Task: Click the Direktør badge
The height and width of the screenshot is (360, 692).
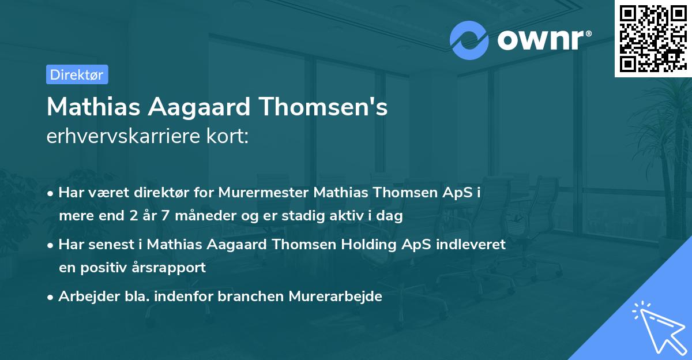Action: point(77,74)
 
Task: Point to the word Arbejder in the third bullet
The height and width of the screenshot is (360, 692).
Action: point(83,296)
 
